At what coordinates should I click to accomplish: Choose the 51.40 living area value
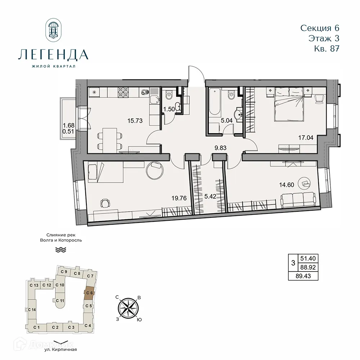[x=309, y=258]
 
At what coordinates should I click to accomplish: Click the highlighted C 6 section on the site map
[x=89, y=293]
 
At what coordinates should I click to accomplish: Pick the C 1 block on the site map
[x=36, y=327]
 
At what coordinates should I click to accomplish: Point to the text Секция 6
[x=320, y=28]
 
